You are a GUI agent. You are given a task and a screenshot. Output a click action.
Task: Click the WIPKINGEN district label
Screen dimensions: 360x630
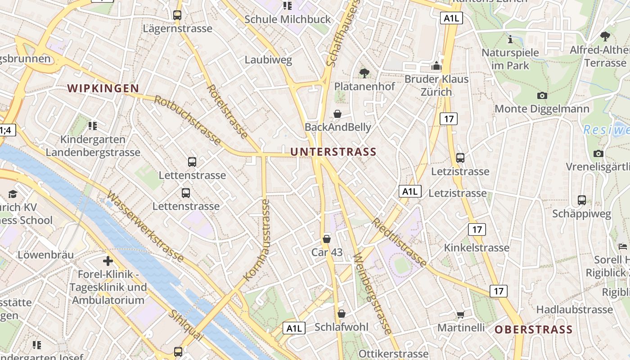[x=103, y=88]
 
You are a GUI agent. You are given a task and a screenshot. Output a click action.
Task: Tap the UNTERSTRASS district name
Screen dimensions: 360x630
[x=333, y=152]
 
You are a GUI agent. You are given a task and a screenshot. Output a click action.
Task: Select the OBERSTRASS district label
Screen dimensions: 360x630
[x=534, y=329]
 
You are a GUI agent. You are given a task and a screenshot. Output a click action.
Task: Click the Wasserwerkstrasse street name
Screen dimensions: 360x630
[x=145, y=227]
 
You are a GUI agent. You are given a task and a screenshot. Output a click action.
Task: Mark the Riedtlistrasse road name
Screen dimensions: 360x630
[x=399, y=242]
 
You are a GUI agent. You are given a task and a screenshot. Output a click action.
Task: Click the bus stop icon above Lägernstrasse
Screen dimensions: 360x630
[x=177, y=15]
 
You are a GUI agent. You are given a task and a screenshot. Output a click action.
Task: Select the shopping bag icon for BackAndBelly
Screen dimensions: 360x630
[x=337, y=114]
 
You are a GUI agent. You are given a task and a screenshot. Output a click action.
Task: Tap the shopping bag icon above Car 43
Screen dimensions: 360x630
[x=327, y=239]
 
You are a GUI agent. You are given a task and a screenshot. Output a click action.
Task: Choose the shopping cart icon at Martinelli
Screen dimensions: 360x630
[x=460, y=315]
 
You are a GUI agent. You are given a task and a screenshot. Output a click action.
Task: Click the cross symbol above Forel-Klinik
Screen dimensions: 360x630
[x=108, y=261]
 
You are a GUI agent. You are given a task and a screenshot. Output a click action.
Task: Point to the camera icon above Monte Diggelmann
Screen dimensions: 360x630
[x=542, y=95]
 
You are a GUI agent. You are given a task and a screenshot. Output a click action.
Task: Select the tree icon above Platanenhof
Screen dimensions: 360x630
[x=364, y=73]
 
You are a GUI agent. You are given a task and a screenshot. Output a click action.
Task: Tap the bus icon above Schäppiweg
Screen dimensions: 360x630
[x=582, y=200]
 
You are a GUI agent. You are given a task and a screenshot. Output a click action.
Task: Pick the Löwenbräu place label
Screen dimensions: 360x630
[x=45, y=255]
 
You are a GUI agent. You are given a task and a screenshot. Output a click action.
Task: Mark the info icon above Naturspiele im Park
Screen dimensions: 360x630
[x=510, y=40]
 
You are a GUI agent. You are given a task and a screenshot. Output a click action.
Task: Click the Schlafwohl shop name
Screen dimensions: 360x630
[x=342, y=327]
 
